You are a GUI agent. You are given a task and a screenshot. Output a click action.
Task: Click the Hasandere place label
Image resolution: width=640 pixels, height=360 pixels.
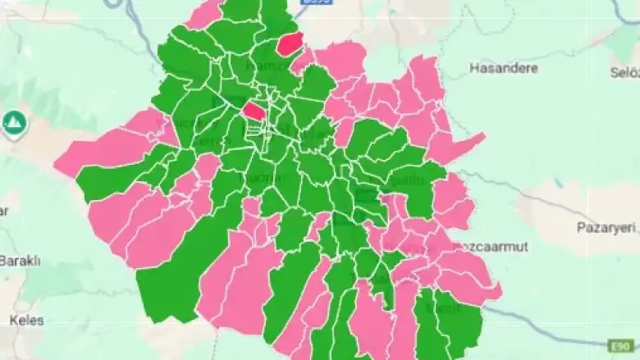tap(502, 68)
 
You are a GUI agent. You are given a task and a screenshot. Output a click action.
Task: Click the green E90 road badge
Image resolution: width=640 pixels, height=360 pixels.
tap(619, 345)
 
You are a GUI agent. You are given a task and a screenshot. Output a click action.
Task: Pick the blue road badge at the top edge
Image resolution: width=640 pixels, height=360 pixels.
tap(316, 3)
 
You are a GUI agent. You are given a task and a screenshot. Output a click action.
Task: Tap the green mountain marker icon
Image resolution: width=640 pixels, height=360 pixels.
tap(14, 124)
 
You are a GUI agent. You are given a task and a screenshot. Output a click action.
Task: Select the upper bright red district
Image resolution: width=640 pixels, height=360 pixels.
tap(290, 43)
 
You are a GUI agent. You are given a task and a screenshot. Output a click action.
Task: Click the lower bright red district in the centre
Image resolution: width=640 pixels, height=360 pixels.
tap(254, 111)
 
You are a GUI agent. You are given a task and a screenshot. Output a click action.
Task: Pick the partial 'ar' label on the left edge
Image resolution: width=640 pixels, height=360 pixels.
tap(4, 211)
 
